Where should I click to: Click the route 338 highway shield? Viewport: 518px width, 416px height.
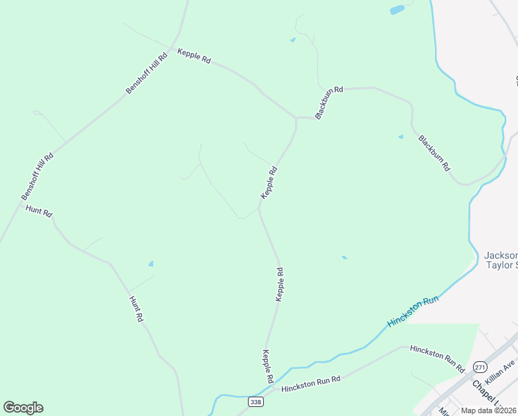pos(256,401)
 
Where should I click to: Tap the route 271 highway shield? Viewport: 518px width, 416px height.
pos(479,365)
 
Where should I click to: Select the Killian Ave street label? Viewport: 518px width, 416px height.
pos(500,373)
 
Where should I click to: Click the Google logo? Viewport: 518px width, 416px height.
pos(23,408)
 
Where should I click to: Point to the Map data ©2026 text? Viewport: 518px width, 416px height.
pos(488,410)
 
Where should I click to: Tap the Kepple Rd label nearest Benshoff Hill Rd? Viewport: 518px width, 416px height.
pos(194,56)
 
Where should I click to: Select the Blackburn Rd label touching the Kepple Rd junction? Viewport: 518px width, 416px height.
pos(329,103)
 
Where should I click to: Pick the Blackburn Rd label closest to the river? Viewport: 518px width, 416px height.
pos(434,153)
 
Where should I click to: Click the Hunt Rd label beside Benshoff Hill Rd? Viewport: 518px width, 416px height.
pos(39,211)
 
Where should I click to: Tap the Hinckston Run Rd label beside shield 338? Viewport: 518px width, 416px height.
pos(311,383)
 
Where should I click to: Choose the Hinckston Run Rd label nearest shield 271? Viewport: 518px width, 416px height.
pos(436,358)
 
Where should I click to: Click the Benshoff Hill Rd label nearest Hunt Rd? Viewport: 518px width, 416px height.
pos(37,177)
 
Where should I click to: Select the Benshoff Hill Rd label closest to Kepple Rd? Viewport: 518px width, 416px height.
pos(147,74)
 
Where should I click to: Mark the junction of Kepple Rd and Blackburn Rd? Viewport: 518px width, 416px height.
pos(296,118)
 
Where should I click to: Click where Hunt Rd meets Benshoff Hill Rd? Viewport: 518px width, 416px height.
pos(19,202)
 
